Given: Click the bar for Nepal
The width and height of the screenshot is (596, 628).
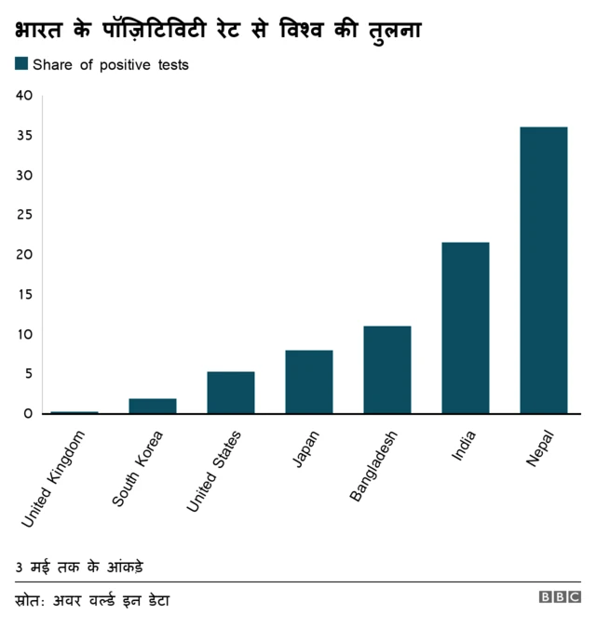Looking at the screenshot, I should click(544, 270).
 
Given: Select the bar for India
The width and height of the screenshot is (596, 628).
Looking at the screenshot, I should click(466, 327).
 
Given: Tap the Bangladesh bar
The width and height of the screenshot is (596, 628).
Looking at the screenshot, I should click(387, 369).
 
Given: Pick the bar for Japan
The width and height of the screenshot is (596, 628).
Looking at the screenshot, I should click(309, 381).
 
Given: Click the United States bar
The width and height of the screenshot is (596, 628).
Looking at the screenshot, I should click(231, 392).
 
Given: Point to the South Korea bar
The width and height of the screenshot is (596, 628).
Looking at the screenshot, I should click(153, 406).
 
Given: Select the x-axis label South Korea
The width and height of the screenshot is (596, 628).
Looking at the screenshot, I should click(138, 468).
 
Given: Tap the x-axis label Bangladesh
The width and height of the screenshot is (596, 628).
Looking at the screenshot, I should click(374, 466).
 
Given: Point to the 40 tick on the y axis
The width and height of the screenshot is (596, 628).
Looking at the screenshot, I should click(24, 96).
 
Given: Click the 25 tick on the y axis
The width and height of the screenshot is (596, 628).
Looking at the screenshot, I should click(24, 215).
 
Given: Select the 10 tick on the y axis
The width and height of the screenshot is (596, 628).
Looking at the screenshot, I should click(24, 334).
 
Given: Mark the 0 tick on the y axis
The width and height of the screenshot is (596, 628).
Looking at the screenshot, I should click(28, 413).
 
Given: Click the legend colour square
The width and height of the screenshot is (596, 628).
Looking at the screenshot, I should click(21, 64).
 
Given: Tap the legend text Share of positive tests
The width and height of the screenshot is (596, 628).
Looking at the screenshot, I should click(111, 65).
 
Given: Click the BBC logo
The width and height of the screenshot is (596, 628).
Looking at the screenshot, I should click(560, 597).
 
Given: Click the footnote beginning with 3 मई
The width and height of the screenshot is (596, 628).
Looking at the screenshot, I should click(79, 567).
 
